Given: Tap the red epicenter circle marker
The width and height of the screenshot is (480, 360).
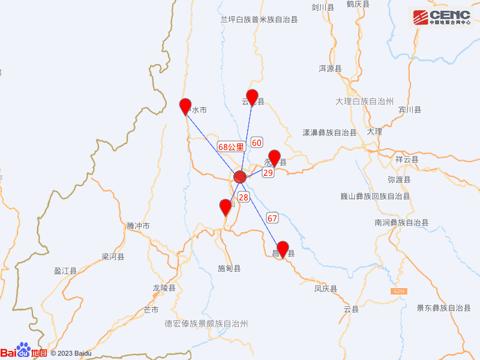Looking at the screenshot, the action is tap(240, 177).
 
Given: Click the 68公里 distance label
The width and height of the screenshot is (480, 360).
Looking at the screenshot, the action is tap(231, 146).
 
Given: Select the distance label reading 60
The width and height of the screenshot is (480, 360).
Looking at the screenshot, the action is tap(257, 143).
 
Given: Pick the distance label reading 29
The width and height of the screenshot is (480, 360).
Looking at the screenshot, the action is tap(268, 172).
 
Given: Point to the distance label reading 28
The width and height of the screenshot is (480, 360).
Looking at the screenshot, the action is tap(244, 197).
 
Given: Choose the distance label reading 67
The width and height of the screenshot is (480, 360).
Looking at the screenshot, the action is tap(272, 218).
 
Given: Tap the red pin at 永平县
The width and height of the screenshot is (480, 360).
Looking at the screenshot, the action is tap(274, 157).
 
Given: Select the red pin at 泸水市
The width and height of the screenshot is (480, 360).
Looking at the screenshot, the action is tap(185, 106).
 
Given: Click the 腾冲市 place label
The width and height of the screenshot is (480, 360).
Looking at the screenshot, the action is tap(138, 226).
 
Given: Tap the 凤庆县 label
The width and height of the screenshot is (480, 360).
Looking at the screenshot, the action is tap(326, 289).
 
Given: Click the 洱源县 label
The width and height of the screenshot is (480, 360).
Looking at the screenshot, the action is tap(330, 69).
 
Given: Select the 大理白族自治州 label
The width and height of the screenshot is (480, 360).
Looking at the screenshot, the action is tap(364, 101).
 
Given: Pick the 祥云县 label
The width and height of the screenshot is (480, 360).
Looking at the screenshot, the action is tap(407, 160).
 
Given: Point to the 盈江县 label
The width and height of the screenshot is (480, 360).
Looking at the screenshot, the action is tap(65, 271).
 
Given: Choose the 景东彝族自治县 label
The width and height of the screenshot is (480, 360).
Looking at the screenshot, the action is tap(444, 308).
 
